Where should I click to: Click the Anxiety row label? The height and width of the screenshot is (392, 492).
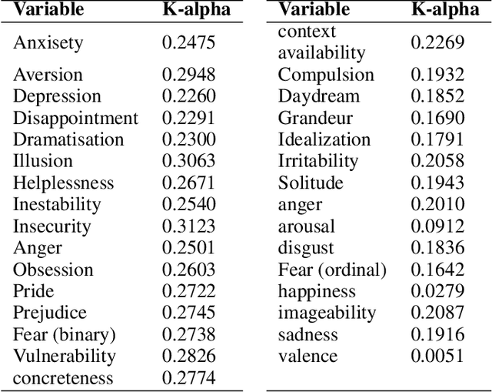pos(47,43)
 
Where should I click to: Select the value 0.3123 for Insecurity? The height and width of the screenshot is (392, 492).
pos(188,226)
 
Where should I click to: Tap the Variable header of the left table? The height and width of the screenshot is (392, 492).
pos(49,10)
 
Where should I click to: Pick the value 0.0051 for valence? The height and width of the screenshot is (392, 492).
pos(437,356)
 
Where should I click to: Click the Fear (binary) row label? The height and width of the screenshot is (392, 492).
pos(64,334)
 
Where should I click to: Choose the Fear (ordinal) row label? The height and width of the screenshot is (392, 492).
pos(332,270)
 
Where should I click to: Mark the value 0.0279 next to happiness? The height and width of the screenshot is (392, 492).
pos(437,291)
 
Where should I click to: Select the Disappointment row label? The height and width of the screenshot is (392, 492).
pos(75,119)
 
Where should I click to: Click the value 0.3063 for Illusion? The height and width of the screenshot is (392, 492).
pos(188,161)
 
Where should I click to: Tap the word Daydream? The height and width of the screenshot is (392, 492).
pos(318,96)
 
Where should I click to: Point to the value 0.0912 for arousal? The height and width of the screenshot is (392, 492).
pos(437,226)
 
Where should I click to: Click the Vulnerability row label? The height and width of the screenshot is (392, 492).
pos(64,356)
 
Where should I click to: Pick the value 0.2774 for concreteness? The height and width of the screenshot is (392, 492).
pos(188,378)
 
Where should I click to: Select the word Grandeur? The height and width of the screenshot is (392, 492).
pos(315,118)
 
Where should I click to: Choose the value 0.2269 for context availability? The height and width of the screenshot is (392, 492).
pos(437,42)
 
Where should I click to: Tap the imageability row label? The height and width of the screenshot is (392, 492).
pos(327,313)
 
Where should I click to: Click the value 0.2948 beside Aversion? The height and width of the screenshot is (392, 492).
pos(188,75)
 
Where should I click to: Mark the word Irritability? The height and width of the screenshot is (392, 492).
pos(317,161)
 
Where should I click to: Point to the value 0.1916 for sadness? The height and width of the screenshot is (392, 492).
pos(437,334)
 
